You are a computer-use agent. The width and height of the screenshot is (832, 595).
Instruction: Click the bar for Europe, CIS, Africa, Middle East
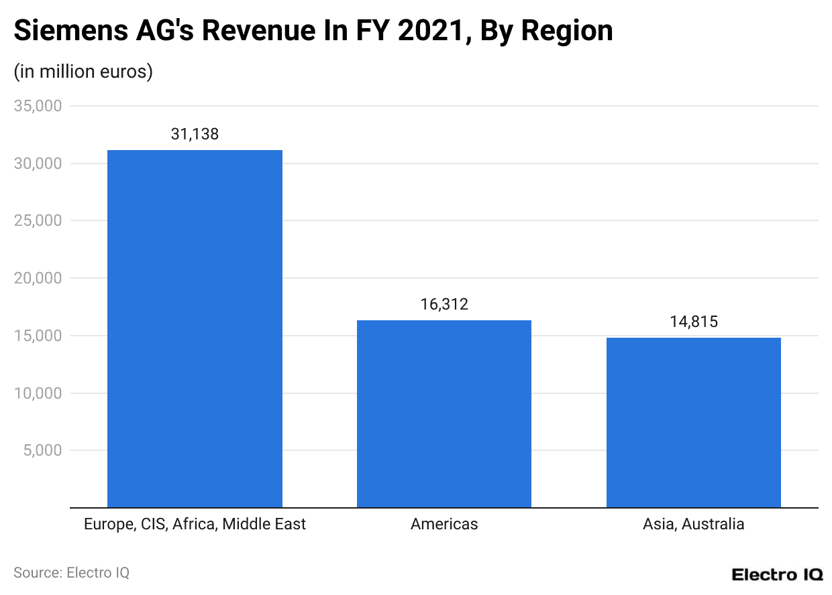pyautogui.click(x=195, y=328)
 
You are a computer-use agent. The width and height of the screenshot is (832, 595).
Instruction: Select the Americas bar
pyautogui.click(x=444, y=413)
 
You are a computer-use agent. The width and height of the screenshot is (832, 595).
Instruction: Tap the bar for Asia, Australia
pyautogui.click(x=693, y=422)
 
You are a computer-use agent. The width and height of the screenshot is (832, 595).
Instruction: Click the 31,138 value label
pyautogui.click(x=195, y=134)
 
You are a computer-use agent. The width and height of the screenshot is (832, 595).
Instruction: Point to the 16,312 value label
pyautogui.click(x=444, y=304)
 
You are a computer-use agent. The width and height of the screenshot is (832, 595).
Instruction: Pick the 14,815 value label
pyautogui.click(x=693, y=322)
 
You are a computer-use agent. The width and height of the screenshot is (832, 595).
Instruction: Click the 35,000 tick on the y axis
pyautogui.click(x=38, y=106)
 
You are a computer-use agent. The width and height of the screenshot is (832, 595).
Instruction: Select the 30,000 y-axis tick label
pyautogui.click(x=38, y=163)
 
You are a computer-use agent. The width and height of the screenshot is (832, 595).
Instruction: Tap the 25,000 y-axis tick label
pyautogui.click(x=38, y=220)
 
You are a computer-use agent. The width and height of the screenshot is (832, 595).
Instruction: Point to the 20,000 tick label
pyautogui.click(x=38, y=278)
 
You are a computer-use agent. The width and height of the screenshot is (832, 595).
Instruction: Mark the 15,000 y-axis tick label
pyautogui.click(x=38, y=336)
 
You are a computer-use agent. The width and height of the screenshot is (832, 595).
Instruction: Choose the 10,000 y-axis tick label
pyautogui.click(x=38, y=393)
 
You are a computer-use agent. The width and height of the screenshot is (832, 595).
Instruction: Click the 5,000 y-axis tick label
pyautogui.click(x=42, y=450)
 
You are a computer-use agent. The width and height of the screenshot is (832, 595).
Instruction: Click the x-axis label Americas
pyautogui.click(x=444, y=524)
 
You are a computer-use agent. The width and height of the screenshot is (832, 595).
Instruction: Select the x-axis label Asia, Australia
pyautogui.click(x=693, y=524)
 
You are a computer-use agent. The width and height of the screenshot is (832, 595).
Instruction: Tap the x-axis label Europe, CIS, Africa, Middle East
pyautogui.click(x=195, y=524)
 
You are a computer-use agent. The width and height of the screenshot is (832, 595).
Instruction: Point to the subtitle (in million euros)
pyautogui.click(x=83, y=71)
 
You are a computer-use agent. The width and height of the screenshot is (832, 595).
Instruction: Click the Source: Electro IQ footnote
pyautogui.click(x=71, y=573)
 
